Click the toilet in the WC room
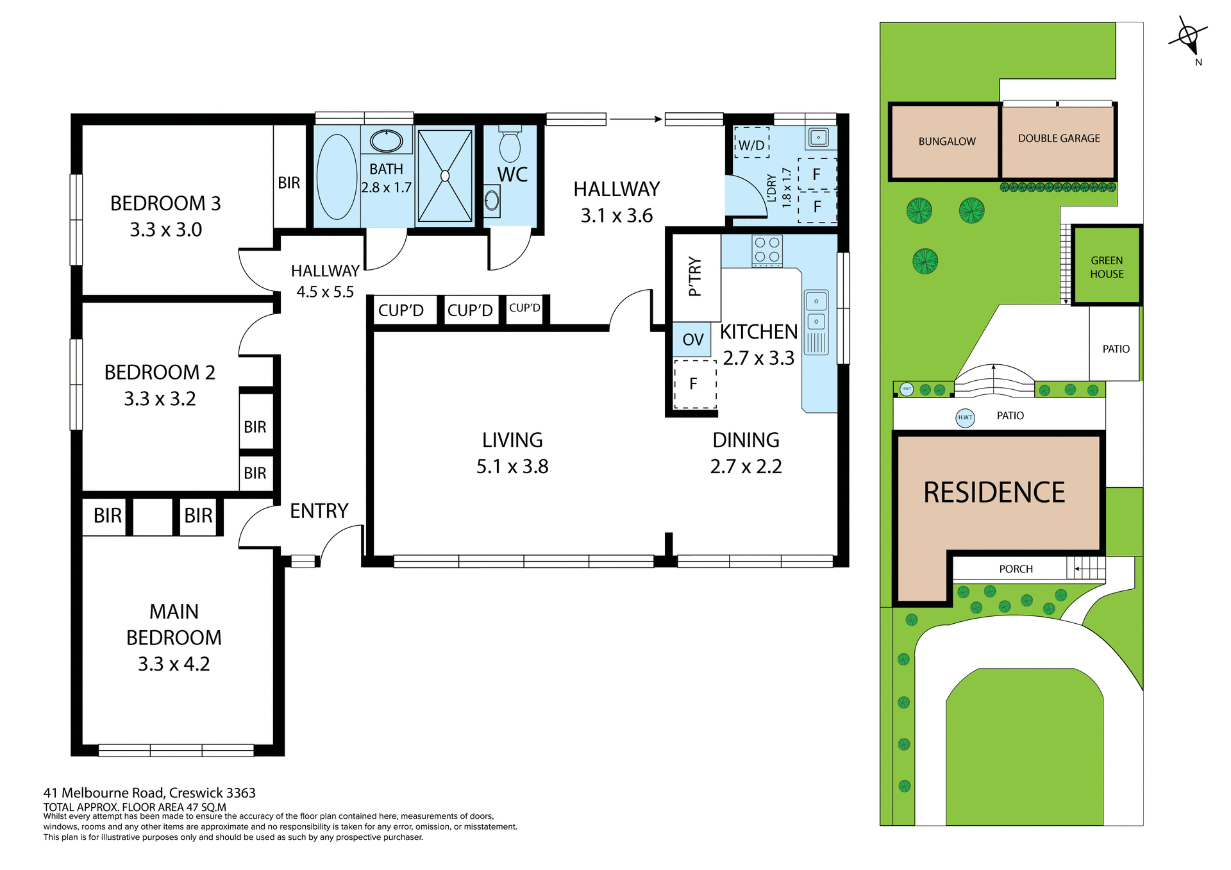[x=510, y=146]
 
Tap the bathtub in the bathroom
[x=337, y=177]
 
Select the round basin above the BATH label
[x=386, y=141]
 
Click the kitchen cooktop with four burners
[x=767, y=251]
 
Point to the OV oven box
[x=692, y=340]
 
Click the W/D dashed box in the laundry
[x=751, y=145]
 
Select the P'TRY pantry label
[x=694, y=277]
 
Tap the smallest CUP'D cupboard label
[x=524, y=308]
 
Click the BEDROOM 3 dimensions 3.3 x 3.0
[x=165, y=230]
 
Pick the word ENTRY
[x=319, y=511]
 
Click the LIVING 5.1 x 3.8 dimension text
[x=512, y=467]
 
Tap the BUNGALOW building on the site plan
[x=946, y=142]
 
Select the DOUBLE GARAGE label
[x=1059, y=138]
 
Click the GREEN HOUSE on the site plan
[x=1107, y=267]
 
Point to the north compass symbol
[x=1189, y=37]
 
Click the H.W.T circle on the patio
[x=965, y=417]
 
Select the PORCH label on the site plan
[x=1016, y=569]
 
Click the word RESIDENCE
[x=994, y=492]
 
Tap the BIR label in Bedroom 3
[x=289, y=183]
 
